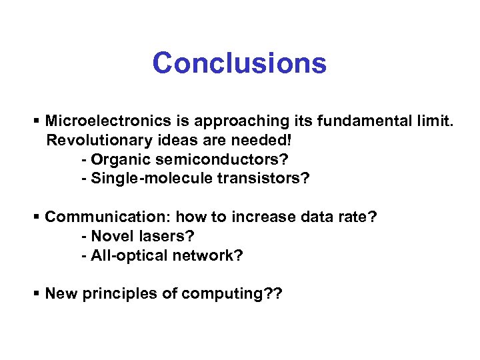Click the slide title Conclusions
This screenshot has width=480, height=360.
click(x=239, y=64)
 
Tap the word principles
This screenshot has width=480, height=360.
click(x=119, y=294)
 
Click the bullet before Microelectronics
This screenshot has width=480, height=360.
click(x=37, y=121)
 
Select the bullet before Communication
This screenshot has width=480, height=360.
click(x=37, y=217)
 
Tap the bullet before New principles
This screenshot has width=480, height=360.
click(x=37, y=294)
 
